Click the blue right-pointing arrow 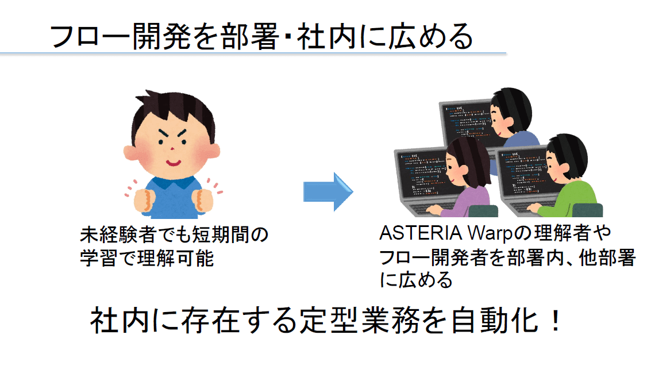point(328,192)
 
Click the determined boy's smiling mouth point(174,163)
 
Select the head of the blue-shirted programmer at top point(511,112)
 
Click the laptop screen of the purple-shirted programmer point(422,175)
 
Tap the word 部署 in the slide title point(249,37)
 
